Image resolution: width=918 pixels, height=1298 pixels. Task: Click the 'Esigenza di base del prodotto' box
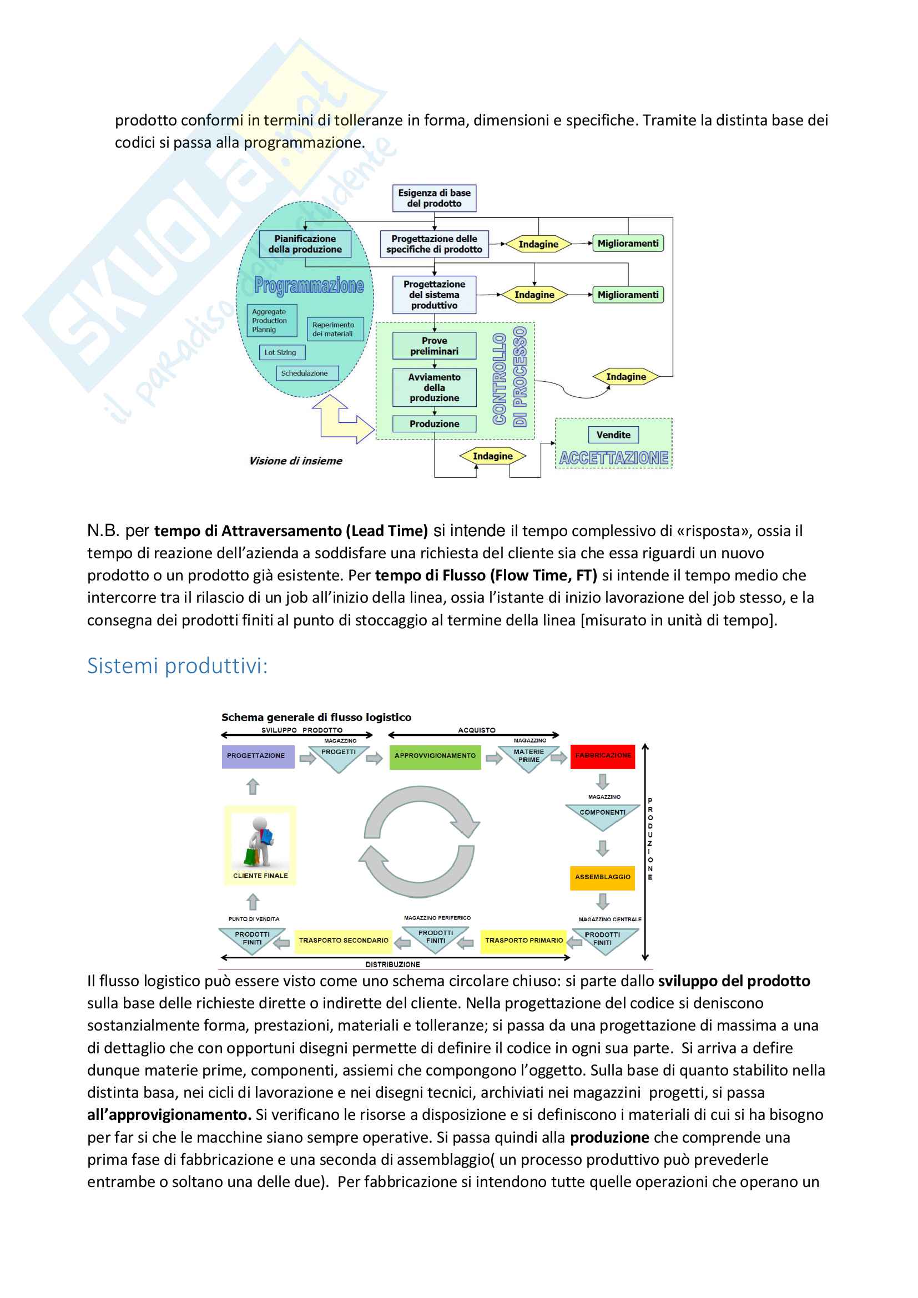434,199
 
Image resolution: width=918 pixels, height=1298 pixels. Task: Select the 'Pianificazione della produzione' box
305,244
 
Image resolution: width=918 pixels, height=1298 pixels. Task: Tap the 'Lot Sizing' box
281,352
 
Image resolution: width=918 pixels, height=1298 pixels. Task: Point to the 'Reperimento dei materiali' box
334,329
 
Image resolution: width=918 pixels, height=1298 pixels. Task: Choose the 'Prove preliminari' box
434,346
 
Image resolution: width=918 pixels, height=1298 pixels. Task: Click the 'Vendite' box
613,435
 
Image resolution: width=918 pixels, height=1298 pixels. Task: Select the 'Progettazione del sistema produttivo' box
434,295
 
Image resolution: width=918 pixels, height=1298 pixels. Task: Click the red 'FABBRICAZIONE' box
603,756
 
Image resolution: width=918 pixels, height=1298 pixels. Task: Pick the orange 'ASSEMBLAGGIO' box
603,877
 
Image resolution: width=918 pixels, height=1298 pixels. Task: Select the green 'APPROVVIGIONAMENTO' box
435,756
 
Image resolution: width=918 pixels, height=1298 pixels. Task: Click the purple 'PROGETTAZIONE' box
257,756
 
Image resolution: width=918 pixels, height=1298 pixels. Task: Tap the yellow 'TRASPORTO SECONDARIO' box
344,940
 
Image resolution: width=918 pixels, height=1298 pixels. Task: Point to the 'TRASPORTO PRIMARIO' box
524,940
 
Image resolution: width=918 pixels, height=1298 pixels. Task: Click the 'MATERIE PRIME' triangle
529,757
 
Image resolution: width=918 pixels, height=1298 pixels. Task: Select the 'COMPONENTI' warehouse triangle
603,814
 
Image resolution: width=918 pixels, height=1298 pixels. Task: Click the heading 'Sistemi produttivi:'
178,666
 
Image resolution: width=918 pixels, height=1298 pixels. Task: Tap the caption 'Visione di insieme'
296,461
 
